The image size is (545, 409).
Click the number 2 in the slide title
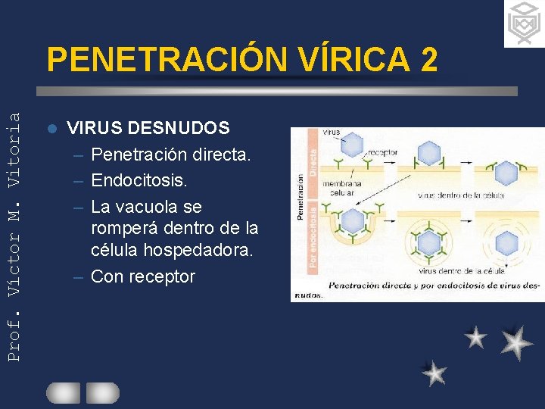[426, 59]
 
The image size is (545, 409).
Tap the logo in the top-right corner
[524, 24]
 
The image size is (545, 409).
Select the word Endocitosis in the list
[138, 180]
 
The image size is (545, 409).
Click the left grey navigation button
[63, 392]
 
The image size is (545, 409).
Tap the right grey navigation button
[102, 392]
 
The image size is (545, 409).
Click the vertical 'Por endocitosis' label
[312, 230]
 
